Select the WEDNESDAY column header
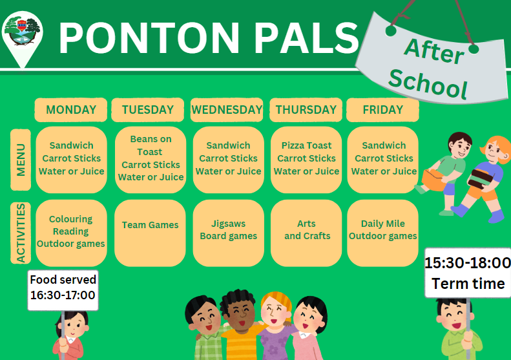[227, 110]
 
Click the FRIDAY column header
[382, 110]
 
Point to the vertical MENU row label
[21, 160]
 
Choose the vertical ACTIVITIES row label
[21, 233]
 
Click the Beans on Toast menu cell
[151, 160]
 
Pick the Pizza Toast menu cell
[306, 160]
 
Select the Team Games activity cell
[151, 233]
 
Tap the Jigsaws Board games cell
[229, 233]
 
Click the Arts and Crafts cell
[306, 233]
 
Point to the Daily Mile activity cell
[383, 233]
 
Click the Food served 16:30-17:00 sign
[63, 290]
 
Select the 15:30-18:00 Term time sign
[468, 273]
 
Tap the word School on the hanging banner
[428, 84]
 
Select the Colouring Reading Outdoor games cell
[71, 233]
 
